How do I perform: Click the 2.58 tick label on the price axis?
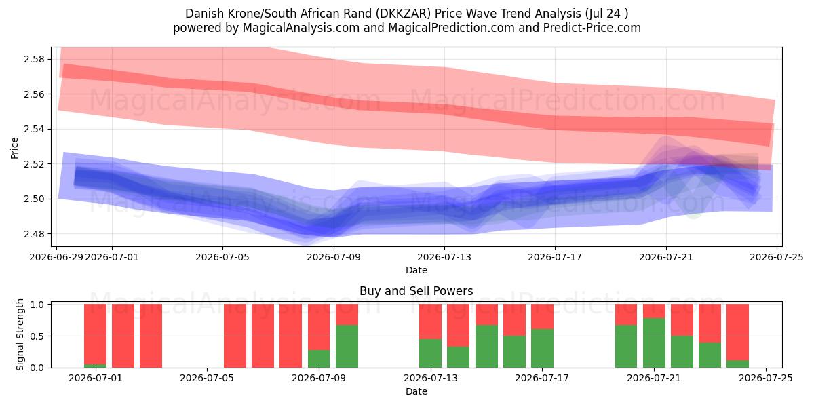coord(33,59)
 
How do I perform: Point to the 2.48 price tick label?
coord(33,234)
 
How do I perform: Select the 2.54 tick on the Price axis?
coord(33,130)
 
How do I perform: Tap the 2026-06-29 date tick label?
coord(56,257)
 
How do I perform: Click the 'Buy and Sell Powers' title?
coord(416,291)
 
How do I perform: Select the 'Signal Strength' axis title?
coord(20,334)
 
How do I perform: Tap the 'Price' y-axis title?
coord(14,148)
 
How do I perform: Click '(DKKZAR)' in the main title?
coord(404,14)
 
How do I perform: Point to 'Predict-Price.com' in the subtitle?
coord(592,28)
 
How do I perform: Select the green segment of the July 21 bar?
coord(654,343)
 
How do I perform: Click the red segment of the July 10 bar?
coord(347,314)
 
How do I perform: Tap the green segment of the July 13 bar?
coord(430,353)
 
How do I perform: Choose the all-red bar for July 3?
coord(151,336)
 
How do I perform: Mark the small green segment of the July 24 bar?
coord(738,364)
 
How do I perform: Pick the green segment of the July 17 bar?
coord(542,349)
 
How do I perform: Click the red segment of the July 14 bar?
coord(459,325)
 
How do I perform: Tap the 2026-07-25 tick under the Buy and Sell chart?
coord(766,379)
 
